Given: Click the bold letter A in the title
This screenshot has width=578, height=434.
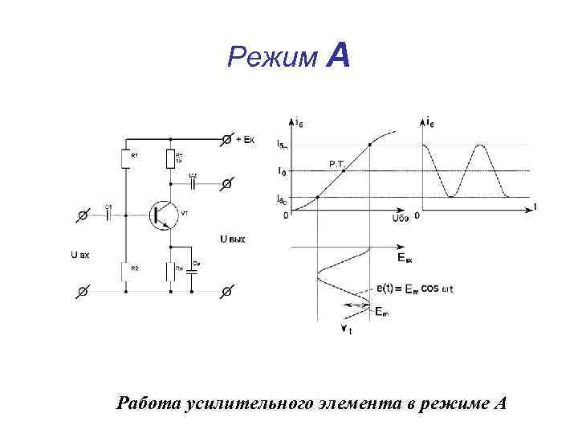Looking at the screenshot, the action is point(338,56).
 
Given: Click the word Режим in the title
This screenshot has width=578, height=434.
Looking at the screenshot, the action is point(273,58).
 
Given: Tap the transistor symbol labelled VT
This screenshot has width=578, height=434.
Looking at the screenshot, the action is point(163,213).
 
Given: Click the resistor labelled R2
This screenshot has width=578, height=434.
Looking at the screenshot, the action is point(124,272).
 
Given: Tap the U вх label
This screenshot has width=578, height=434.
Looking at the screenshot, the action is point(79,255).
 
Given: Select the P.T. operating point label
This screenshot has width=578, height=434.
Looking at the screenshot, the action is point(337,164).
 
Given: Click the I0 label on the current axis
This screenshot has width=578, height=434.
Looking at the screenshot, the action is point(280,170).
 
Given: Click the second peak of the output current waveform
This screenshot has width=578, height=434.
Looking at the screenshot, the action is point(480,145).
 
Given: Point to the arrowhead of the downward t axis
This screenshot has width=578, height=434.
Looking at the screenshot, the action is point(343,329).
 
